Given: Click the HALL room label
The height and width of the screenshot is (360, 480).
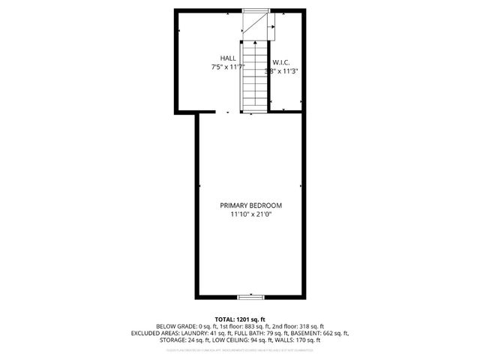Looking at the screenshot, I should (228, 58).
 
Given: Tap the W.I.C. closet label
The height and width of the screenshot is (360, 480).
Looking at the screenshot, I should (281, 62).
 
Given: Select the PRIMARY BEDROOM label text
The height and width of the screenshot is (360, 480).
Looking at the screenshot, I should (250, 205).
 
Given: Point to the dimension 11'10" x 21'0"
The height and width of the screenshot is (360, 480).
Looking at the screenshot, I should (250, 215).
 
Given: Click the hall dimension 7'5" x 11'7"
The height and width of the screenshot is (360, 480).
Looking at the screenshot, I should (227, 67).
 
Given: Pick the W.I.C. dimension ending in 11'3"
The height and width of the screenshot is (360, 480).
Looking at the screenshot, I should (283, 72).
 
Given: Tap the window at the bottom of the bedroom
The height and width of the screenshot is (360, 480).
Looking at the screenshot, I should (250, 296).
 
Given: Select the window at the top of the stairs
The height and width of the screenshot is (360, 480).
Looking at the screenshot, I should (255, 10).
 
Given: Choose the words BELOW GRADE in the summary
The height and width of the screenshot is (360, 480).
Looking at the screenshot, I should (176, 326).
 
